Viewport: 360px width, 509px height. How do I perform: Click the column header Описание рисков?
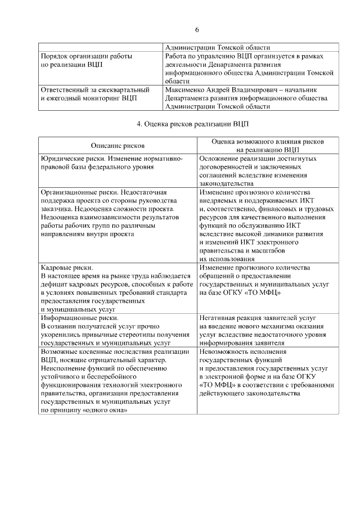(x=118, y=145)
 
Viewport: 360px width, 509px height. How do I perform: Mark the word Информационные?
(x=67, y=318)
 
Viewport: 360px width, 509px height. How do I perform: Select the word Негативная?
(x=219, y=318)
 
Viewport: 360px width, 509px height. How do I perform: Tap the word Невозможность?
(x=226, y=352)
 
